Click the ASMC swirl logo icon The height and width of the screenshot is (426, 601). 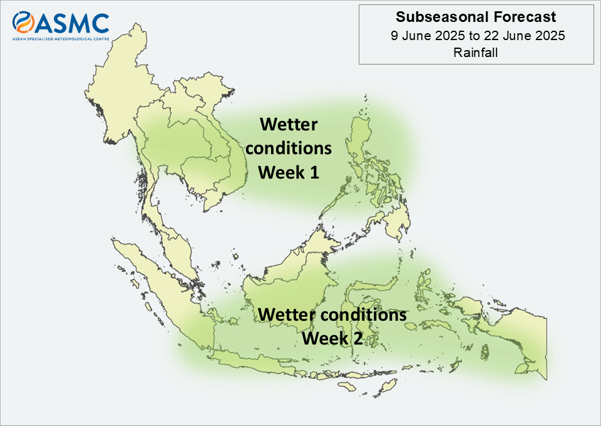(x=23, y=22)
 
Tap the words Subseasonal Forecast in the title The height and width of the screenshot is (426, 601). (x=476, y=17)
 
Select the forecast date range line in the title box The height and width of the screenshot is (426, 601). (x=478, y=36)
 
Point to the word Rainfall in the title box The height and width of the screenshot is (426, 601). (x=476, y=52)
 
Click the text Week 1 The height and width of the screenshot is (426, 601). (x=289, y=172)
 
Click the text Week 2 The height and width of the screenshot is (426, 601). (x=332, y=338)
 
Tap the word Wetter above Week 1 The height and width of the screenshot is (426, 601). (x=289, y=124)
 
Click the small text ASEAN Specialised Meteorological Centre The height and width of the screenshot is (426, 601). (x=61, y=39)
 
